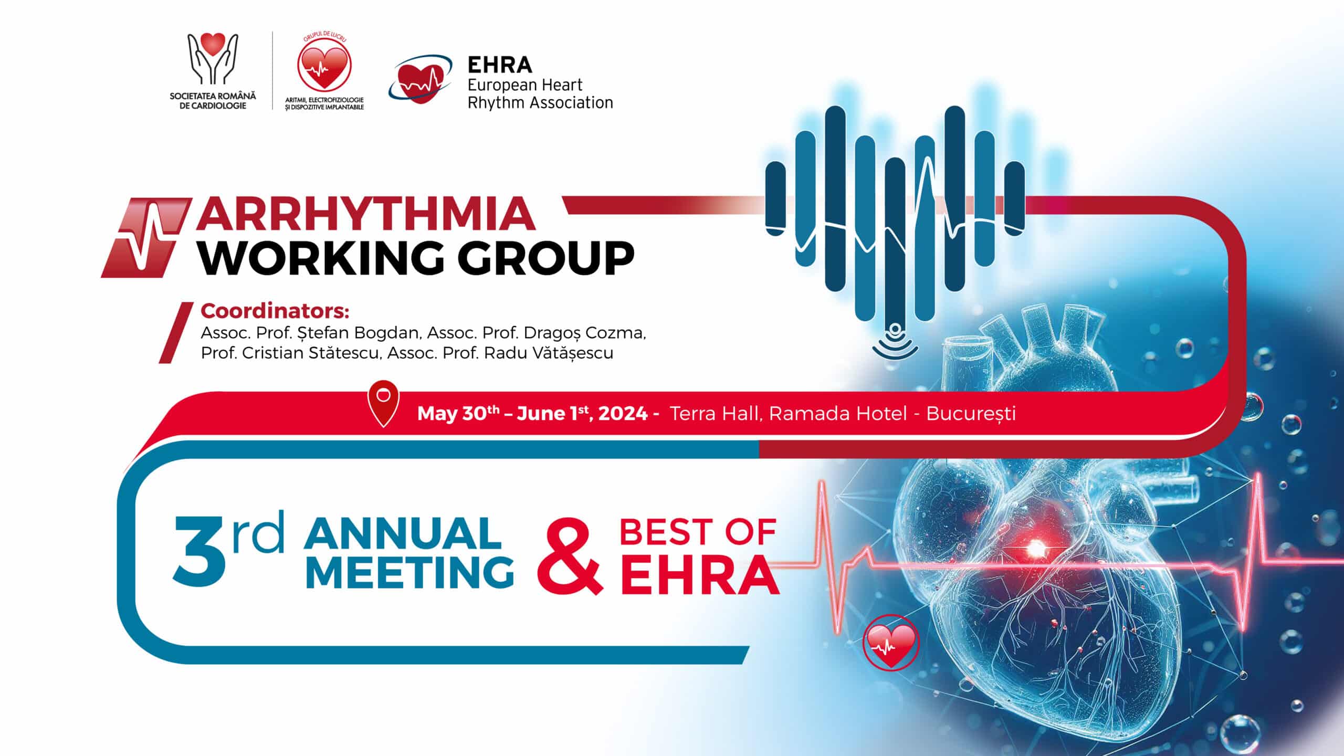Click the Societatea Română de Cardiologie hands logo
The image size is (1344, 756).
pyautogui.click(x=213, y=59)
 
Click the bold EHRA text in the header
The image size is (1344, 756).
pyautogui.click(x=499, y=65)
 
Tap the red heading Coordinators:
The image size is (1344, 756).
pyautogui.click(x=275, y=311)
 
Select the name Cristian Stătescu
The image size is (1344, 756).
pyautogui.click(x=310, y=353)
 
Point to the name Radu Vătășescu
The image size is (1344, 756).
pyautogui.click(x=548, y=353)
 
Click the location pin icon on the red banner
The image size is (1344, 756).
pyautogui.click(x=384, y=403)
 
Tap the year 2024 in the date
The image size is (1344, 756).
pyautogui.click(x=623, y=414)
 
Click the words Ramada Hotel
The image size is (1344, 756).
pyautogui.click(x=838, y=414)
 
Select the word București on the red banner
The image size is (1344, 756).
pyautogui.click(x=971, y=414)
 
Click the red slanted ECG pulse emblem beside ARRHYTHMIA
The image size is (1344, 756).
pyautogui.click(x=146, y=237)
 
